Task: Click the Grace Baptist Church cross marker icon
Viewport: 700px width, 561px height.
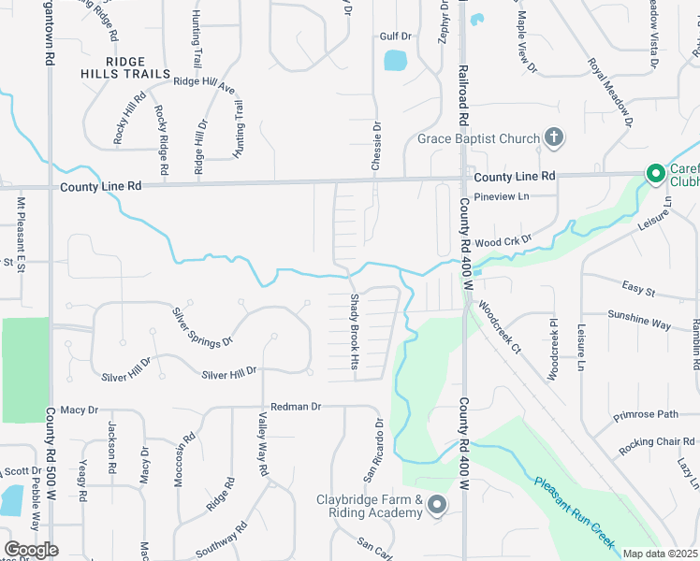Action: pos(553,139)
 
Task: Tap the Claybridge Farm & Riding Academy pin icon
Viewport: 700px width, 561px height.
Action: pos(437,507)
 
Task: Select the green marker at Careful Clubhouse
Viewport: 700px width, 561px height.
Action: pos(656,174)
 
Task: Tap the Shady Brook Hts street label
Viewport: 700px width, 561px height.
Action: pos(355,332)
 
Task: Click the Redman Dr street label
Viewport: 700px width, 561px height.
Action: pos(296,407)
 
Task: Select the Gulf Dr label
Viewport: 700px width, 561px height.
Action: pos(396,36)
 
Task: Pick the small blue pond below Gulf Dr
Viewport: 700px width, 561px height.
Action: pos(396,61)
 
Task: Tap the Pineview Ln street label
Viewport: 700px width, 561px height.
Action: pos(502,196)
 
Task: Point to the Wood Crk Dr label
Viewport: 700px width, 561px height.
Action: pos(503,241)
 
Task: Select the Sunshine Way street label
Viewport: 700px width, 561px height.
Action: pos(639,320)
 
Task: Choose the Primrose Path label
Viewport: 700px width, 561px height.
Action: pos(645,414)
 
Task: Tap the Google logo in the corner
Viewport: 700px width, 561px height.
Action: pos(30,550)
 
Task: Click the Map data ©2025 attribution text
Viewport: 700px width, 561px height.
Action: pos(661,554)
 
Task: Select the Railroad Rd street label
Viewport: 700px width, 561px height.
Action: pos(462,96)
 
